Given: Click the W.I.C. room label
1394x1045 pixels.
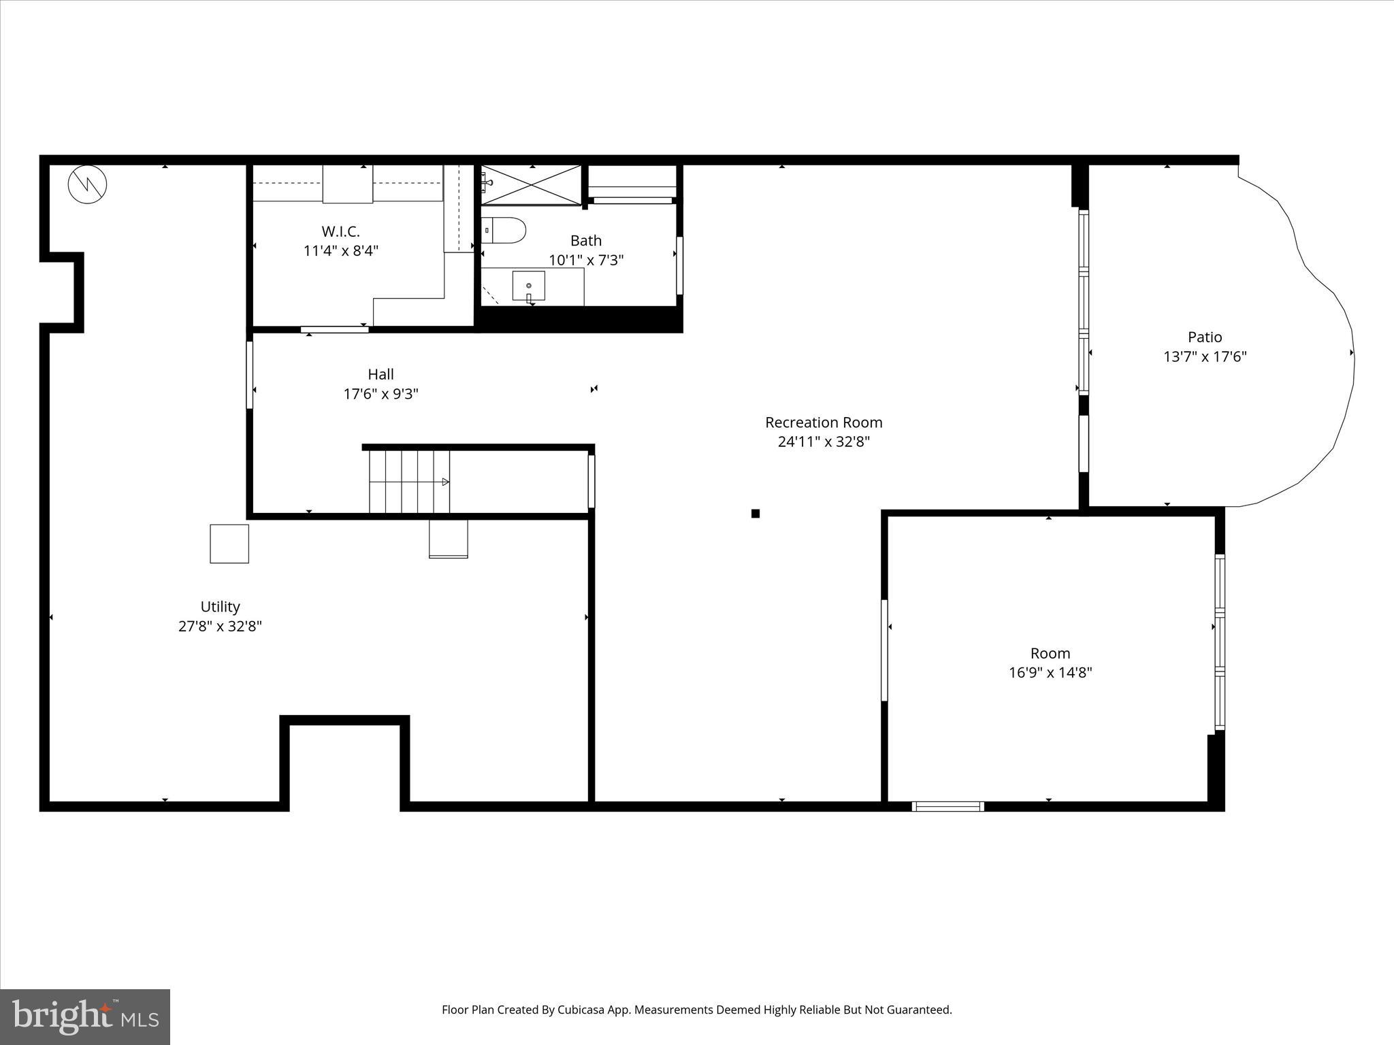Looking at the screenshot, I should [x=340, y=231].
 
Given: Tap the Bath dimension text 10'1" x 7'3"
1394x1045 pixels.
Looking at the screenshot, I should [x=586, y=260].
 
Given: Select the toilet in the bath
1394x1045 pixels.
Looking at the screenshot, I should [x=504, y=230].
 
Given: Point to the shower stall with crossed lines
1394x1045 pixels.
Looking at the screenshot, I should [x=532, y=184].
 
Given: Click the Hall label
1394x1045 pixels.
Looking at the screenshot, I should [x=380, y=374].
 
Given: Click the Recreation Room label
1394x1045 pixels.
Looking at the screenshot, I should [x=824, y=422].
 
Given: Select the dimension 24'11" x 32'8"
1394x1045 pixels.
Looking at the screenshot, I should [x=824, y=442].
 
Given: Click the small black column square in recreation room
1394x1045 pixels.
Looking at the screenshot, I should [x=755, y=514].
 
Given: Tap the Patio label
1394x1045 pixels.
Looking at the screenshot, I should [x=1205, y=337].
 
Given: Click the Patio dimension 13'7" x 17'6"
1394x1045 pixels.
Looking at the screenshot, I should [x=1205, y=356].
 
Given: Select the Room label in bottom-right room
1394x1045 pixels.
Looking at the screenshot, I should [x=1050, y=653].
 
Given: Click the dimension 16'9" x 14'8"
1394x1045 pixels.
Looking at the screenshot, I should [x=1050, y=673].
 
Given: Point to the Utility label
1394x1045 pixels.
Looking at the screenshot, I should [x=220, y=606].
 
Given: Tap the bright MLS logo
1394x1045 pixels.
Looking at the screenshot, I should [x=85, y=1016].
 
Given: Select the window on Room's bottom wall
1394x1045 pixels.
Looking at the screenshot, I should [x=947, y=806].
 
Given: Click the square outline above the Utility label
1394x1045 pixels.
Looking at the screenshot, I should [x=229, y=544].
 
